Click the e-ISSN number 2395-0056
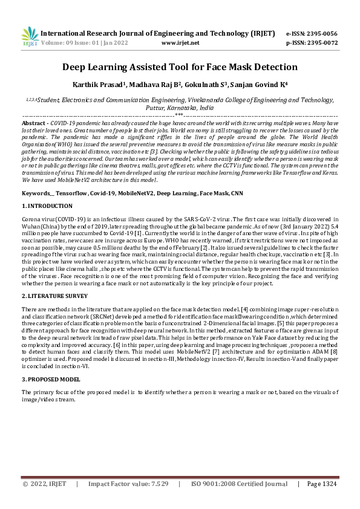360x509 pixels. click(321, 34)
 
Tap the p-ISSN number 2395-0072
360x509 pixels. click(321, 44)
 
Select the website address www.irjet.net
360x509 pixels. click(181, 44)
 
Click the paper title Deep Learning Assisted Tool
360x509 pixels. click(180, 67)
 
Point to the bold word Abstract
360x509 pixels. click(33, 122)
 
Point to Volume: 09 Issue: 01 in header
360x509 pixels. click(80, 44)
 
